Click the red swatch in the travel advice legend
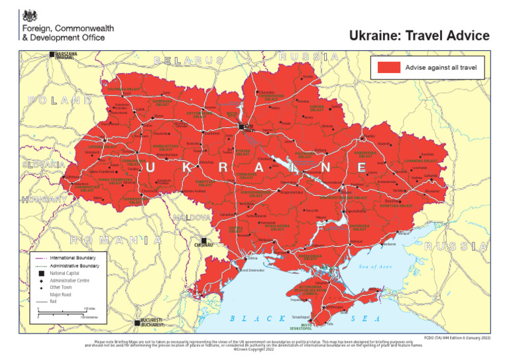(x=389, y=67)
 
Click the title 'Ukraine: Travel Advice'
(x=419, y=36)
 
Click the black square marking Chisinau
(x=205, y=241)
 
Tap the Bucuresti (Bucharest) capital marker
(x=138, y=322)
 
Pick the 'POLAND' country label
(x=60, y=99)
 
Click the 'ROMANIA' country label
(x=115, y=240)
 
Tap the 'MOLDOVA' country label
(x=192, y=217)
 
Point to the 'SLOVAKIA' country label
(x=43, y=164)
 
